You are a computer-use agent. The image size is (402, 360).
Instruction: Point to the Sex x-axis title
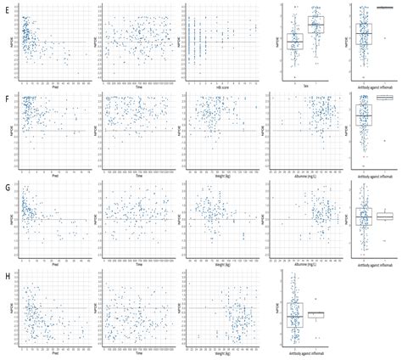(x=305, y=85)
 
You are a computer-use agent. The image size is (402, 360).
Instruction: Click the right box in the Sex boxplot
(x=315, y=25)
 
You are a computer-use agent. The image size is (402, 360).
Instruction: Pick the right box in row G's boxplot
(x=385, y=217)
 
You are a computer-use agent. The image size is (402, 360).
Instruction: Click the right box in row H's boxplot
(x=315, y=315)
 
